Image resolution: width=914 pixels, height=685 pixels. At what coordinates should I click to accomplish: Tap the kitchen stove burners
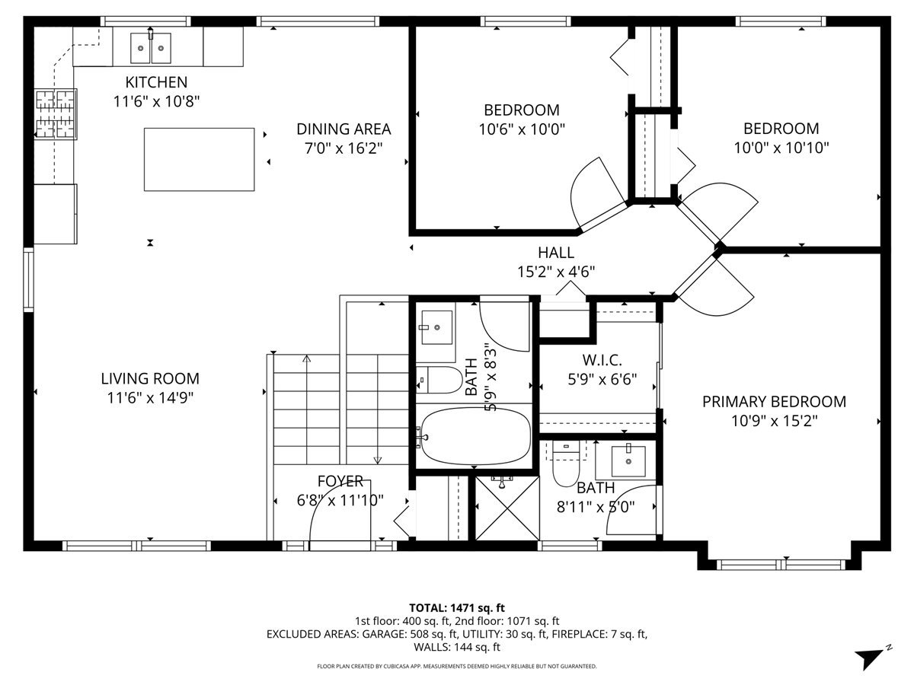56,114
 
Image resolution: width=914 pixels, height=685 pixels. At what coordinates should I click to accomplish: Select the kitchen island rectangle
200,159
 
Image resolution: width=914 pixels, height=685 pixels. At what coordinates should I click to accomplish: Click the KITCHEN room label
156,81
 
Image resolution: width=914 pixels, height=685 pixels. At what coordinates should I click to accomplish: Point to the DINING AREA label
344,129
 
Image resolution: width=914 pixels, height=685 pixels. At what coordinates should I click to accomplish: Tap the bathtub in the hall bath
474,437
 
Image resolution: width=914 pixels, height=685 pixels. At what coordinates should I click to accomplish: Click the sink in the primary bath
628,461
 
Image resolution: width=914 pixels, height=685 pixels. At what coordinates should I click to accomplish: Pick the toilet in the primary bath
566,466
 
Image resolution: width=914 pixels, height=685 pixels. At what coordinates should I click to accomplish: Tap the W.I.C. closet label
598,358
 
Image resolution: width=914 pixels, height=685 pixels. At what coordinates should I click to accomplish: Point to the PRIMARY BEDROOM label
774,401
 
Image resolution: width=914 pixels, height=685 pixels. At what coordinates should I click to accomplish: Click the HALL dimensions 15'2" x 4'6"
556,271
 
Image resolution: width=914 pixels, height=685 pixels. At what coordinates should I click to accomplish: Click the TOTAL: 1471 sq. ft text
457,607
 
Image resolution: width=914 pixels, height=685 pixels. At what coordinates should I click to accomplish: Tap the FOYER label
340,482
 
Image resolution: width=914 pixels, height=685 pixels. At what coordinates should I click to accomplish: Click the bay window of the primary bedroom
781,564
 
